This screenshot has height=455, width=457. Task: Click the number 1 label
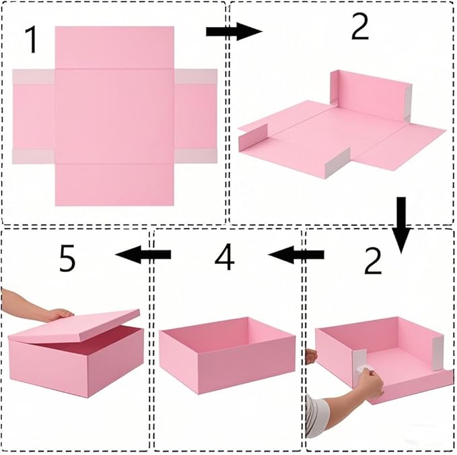(31, 40)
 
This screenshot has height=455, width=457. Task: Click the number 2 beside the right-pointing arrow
(359, 28)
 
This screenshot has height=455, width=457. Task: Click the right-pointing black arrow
(233, 31)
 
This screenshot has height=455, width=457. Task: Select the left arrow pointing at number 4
(295, 254)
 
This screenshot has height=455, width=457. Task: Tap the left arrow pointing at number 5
(143, 254)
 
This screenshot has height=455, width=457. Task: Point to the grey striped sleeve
(322, 412)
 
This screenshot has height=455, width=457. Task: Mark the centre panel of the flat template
(114, 115)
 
